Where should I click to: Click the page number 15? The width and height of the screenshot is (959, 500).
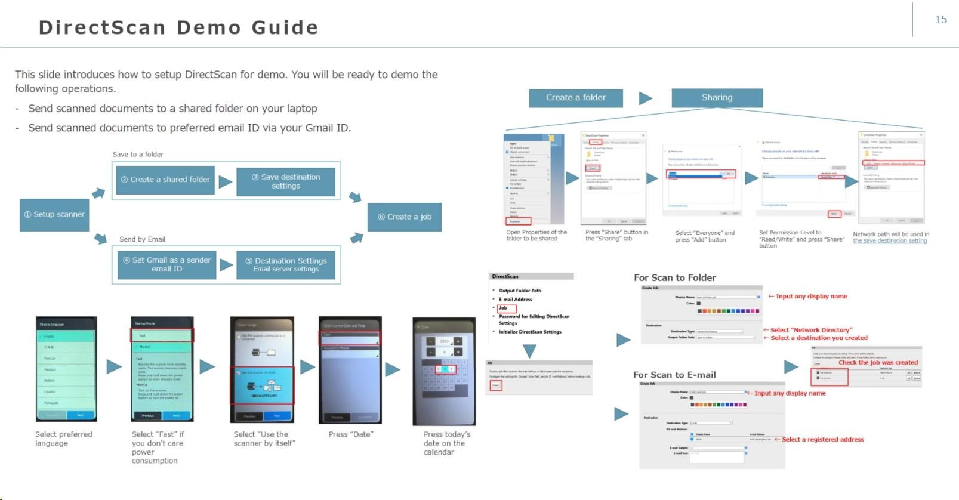(x=941, y=20)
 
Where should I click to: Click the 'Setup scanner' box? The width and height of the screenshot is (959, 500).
(x=54, y=215)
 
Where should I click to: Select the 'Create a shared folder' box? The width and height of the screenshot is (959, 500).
(x=165, y=180)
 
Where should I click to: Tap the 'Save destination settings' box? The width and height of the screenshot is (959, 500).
(x=286, y=181)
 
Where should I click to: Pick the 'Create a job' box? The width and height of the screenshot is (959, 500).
(x=405, y=217)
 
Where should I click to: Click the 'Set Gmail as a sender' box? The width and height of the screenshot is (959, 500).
(x=166, y=264)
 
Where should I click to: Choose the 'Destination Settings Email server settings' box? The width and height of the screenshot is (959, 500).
(x=286, y=264)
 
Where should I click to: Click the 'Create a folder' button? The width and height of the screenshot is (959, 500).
(x=576, y=98)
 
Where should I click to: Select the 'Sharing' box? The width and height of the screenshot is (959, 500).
(x=717, y=98)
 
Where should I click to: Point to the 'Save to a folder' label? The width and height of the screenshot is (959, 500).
(x=138, y=155)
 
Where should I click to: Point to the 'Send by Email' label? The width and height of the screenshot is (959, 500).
(x=142, y=239)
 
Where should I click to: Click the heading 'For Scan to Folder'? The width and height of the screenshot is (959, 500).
(x=674, y=278)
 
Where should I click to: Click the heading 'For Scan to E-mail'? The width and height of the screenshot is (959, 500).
(x=674, y=375)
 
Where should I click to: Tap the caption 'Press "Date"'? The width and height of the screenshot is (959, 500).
(x=351, y=434)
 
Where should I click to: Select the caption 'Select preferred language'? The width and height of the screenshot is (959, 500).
(x=63, y=439)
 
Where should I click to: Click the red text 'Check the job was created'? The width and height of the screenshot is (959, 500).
(x=878, y=362)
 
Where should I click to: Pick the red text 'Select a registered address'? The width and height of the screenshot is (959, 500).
(x=823, y=440)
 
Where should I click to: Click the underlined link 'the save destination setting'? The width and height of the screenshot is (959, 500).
(x=890, y=241)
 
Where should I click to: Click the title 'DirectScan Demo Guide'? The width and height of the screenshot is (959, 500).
(x=178, y=27)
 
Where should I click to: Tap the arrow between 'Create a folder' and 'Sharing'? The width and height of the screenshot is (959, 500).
(x=646, y=98)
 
